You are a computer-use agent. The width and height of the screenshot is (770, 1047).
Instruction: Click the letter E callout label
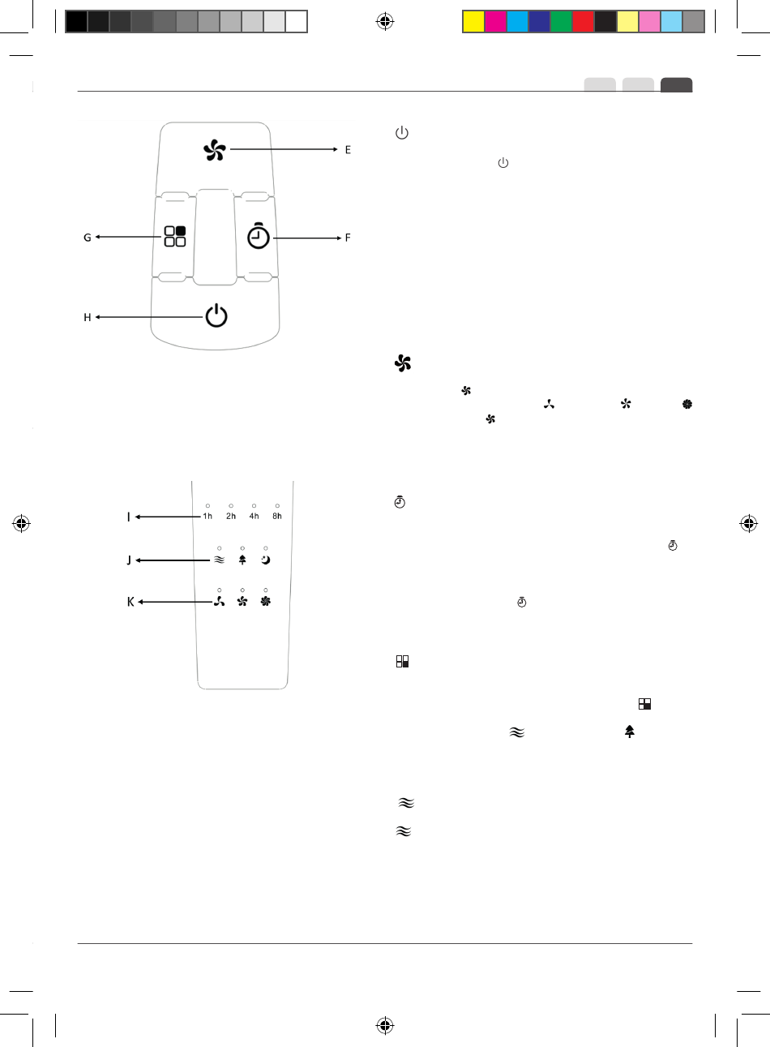(348, 150)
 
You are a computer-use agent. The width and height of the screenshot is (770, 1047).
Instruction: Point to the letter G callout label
(88, 238)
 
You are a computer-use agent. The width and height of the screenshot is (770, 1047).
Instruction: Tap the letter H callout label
(88, 317)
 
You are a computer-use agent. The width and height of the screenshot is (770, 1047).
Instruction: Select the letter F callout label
(348, 238)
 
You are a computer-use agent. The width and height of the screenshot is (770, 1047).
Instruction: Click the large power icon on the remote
(216, 315)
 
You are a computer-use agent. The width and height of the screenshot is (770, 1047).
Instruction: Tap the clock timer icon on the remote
(259, 235)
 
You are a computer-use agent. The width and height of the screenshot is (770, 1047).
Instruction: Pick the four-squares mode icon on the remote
(175, 236)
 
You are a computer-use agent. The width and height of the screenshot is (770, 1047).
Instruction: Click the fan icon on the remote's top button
(215, 150)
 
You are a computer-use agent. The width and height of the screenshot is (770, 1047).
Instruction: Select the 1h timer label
(208, 516)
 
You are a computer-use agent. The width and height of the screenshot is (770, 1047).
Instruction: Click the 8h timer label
(277, 516)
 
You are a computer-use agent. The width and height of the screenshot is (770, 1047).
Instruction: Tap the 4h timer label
(255, 516)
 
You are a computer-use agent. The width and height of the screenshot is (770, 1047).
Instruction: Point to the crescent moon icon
(266, 560)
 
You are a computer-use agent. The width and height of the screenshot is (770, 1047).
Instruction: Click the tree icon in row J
(242, 560)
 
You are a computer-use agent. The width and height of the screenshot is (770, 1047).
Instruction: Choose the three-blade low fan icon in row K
(219, 602)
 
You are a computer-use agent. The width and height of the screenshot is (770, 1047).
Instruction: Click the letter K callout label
(130, 603)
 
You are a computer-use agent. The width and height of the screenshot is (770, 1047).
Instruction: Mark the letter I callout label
(129, 517)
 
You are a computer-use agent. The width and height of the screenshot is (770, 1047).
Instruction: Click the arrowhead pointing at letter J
(139, 560)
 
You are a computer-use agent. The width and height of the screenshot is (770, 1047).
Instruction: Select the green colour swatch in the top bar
(561, 21)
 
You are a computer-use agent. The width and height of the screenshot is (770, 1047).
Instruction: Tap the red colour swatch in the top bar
(583, 21)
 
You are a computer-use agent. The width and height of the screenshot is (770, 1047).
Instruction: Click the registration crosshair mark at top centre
(385, 21)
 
